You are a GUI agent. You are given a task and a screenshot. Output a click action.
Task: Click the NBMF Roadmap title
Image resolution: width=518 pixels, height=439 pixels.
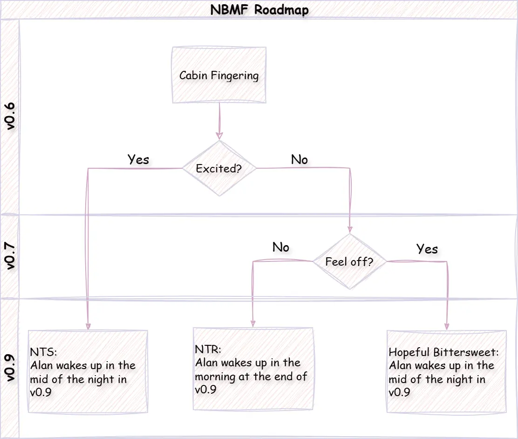[259, 10]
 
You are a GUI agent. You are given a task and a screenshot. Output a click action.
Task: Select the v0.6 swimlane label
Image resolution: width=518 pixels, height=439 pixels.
[10, 117]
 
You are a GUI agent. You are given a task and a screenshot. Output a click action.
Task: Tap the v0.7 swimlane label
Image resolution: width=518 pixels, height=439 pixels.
[10, 257]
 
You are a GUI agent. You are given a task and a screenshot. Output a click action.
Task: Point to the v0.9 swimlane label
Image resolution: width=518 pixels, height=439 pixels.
[10, 368]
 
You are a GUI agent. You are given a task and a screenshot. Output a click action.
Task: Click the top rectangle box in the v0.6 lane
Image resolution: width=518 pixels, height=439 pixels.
[219, 75]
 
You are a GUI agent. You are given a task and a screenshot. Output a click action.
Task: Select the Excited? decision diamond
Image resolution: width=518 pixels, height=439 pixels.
[219, 169]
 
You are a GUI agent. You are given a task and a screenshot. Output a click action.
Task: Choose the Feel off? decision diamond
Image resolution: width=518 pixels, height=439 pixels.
[349, 261]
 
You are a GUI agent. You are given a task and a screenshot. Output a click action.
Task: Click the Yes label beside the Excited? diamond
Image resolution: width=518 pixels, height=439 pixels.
[138, 159]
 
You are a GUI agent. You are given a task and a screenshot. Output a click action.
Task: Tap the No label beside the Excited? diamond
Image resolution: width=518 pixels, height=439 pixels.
[299, 159]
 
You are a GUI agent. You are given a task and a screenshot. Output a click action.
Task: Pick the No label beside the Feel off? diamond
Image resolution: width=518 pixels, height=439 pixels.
[280, 247]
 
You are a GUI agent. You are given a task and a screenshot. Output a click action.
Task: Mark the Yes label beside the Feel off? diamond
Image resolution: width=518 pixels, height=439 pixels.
[427, 249]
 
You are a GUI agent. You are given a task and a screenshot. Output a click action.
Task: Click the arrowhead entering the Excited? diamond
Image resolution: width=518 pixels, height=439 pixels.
[219, 136]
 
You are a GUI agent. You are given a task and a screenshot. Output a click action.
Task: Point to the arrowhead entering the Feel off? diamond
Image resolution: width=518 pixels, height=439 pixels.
[350, 229]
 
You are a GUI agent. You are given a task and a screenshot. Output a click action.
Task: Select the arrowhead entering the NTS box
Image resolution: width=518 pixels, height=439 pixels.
[88, 326]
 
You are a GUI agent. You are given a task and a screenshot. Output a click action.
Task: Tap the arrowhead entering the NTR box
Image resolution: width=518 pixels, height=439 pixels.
[253, 323]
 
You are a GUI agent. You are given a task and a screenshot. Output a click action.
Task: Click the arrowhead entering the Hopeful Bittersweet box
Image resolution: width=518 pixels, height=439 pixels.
[447, 326]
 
